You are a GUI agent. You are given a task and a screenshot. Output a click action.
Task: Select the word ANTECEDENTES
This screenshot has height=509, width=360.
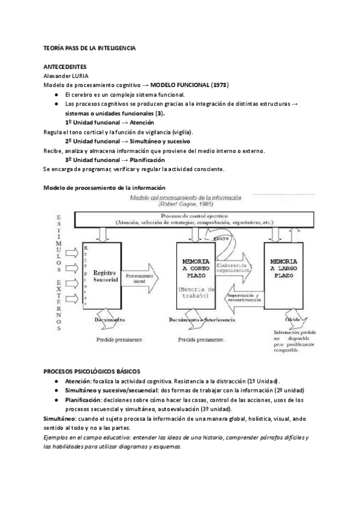[x=65, y=67]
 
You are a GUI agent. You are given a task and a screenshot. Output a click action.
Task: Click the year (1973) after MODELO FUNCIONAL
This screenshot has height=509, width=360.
[x=217, y=85]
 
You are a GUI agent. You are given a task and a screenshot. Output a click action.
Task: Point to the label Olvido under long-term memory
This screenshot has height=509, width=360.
[x=284, y=321]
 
